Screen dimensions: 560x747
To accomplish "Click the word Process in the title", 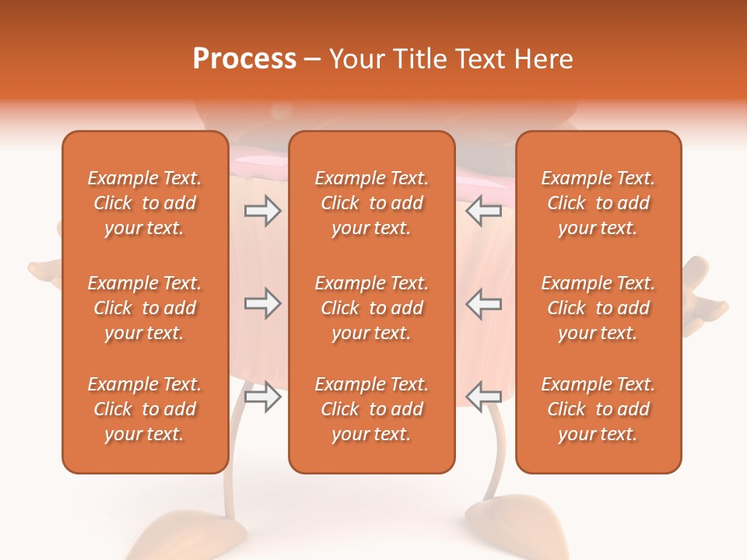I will pyautogui.click(x=244, y=59).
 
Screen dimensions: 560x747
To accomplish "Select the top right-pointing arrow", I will pyautogui.click(x=262, y=211).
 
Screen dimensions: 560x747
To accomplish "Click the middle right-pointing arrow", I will pyautogui.click(x=262, y=303).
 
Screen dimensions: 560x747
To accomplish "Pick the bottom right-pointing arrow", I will pyautogui.click(x=262, y=397).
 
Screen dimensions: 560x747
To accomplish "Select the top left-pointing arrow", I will pyautogui.click(x=484, y=211).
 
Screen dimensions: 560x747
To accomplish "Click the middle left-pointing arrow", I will pyautogui.click(x=484, y=303).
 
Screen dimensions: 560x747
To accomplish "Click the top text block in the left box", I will pyautogui.click(x=145, y=203).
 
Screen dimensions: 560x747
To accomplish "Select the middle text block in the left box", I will pyautogui.click(x=145, y=308).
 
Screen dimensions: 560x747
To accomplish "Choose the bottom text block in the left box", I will pyautogui.click(x=145, y=409).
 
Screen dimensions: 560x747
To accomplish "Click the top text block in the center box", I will pyautogui.click(x=371, y=203).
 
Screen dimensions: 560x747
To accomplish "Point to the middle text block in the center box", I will pyautogui.click(x=371, y=308).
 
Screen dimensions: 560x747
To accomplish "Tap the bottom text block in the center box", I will pyautogui.click(x=371, y=409).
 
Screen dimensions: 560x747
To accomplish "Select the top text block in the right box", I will pyautogui.click(x=598, y=203).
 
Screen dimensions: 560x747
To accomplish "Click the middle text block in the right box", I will pyautogui.click(x=598, y=308).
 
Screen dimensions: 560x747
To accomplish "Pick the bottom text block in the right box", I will pyautogui.click(x=598, y=409).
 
